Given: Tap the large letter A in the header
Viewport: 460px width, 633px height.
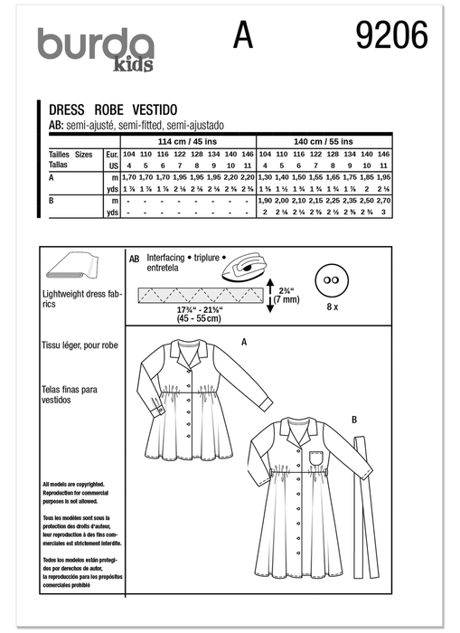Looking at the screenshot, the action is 242,38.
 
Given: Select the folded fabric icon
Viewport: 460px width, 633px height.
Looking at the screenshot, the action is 71,267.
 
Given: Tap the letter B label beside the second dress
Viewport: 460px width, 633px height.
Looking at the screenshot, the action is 353,419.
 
